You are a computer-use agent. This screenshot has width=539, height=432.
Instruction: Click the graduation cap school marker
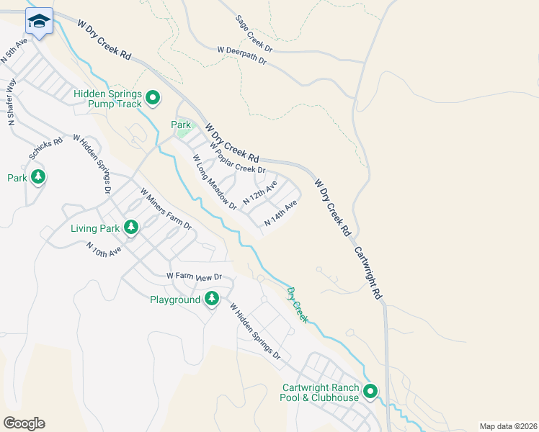38,22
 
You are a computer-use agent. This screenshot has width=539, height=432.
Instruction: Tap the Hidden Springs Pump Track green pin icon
153,97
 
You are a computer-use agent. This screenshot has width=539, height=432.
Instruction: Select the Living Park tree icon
130,228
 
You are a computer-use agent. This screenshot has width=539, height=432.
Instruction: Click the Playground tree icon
211,298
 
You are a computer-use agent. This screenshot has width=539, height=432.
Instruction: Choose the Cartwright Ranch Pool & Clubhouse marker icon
370,392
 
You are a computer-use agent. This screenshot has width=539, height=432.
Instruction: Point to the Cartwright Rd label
367,274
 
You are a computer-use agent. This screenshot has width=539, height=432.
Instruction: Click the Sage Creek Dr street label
254,34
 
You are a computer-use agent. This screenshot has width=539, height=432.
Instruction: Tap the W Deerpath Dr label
242,56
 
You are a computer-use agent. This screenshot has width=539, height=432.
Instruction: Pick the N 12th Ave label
259,193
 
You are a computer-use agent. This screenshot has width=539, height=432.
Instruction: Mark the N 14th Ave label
280,215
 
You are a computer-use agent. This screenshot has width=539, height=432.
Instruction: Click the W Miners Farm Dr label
166,209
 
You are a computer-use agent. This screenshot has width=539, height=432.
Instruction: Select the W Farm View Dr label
193,276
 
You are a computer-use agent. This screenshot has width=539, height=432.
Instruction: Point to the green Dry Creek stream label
297,305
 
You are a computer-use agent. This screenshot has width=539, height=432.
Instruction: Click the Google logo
24,423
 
